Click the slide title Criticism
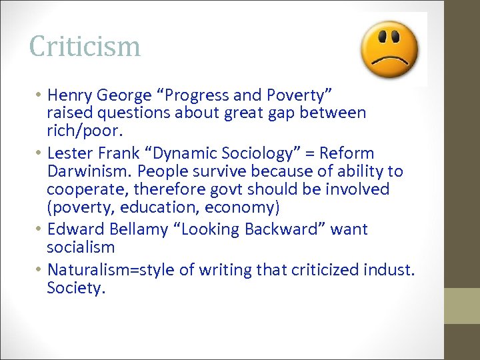tap(85, 47)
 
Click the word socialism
tap(81, 247)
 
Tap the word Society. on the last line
tap(76, 288)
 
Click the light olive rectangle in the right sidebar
tap(462, 306)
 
